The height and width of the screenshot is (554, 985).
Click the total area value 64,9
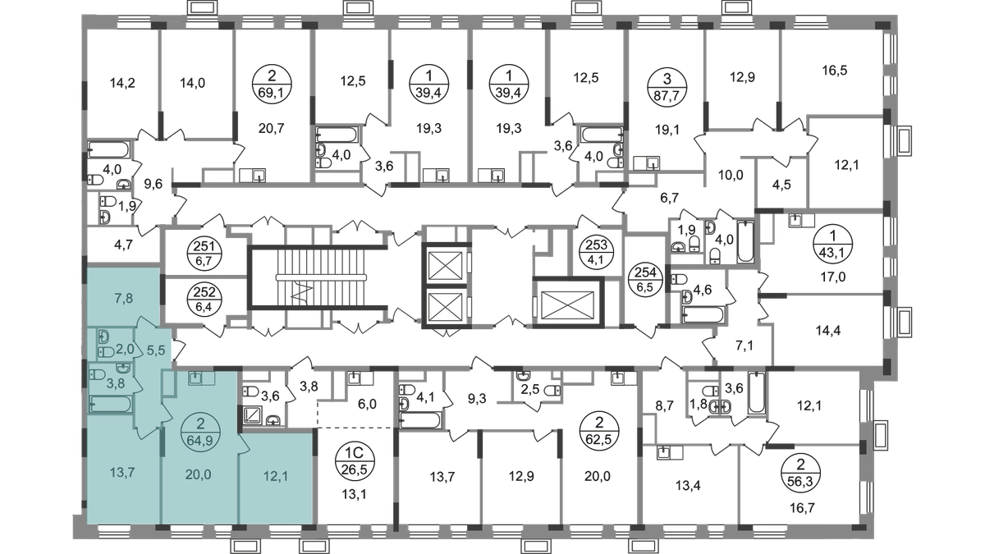click(199, 436)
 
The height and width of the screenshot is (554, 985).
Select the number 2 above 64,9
click(199, 424)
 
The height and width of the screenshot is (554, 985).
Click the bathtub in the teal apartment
click(110, 405)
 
